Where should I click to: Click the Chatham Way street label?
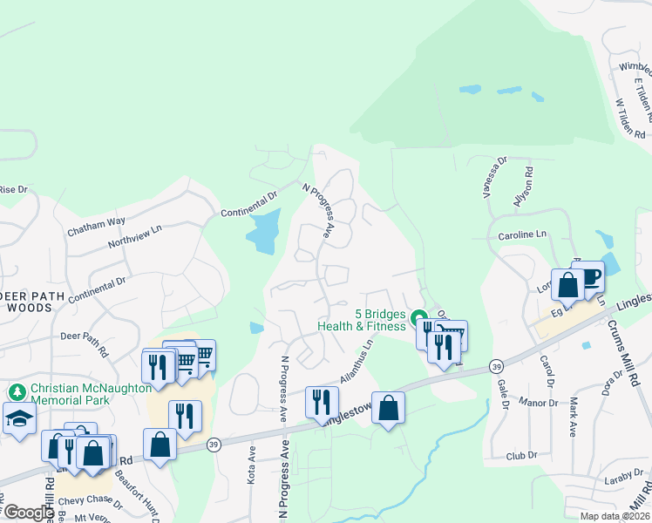coord(96,227)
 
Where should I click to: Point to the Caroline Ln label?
coord(521,234)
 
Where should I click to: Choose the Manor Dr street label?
coord(540,403)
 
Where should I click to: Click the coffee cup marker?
coord(588,277)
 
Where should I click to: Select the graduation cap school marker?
coord(19,418)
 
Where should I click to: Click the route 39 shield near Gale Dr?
coord(495,365)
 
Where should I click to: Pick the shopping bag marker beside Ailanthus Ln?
coord(388,407)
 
